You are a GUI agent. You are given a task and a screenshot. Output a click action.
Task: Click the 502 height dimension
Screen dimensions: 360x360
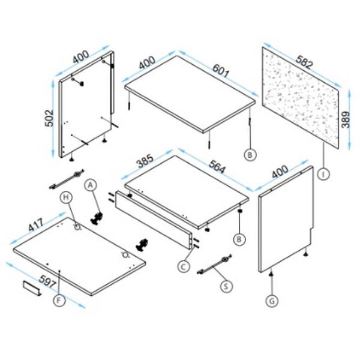49,118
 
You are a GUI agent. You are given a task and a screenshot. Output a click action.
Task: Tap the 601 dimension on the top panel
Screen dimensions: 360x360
221,71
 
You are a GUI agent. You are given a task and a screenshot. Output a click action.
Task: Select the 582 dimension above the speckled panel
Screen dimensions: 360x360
304,62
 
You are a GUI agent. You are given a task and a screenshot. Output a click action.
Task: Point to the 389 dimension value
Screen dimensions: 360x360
346,119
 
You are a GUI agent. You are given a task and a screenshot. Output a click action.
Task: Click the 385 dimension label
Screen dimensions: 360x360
145,161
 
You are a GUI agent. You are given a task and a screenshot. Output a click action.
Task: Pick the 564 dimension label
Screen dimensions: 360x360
217,166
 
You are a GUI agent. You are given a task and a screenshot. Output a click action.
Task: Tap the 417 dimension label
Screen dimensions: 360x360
36,224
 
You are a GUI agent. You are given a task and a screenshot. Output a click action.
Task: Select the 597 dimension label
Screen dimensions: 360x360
47,281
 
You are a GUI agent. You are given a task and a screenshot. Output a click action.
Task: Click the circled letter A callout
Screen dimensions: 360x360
91,185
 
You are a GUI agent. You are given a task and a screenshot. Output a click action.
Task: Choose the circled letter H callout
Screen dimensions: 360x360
66,197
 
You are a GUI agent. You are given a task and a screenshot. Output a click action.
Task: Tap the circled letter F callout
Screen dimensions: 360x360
59,301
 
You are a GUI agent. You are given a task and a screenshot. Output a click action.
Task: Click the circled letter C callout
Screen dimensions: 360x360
184,267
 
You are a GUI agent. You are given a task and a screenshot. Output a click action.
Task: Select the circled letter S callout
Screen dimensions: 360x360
226,286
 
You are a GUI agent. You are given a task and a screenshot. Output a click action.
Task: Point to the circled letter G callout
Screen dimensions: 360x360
272,301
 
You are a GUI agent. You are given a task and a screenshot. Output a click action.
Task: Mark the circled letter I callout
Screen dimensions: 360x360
323,174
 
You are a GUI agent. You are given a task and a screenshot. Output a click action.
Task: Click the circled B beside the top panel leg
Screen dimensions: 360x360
250,155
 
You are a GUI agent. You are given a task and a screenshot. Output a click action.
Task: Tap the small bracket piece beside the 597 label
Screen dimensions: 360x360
32,289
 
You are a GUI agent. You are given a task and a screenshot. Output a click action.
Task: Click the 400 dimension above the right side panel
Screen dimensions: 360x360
280,172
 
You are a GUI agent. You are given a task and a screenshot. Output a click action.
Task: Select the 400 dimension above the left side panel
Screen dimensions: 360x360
81,57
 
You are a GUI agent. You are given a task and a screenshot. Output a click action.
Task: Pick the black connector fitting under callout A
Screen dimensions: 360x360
97,218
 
